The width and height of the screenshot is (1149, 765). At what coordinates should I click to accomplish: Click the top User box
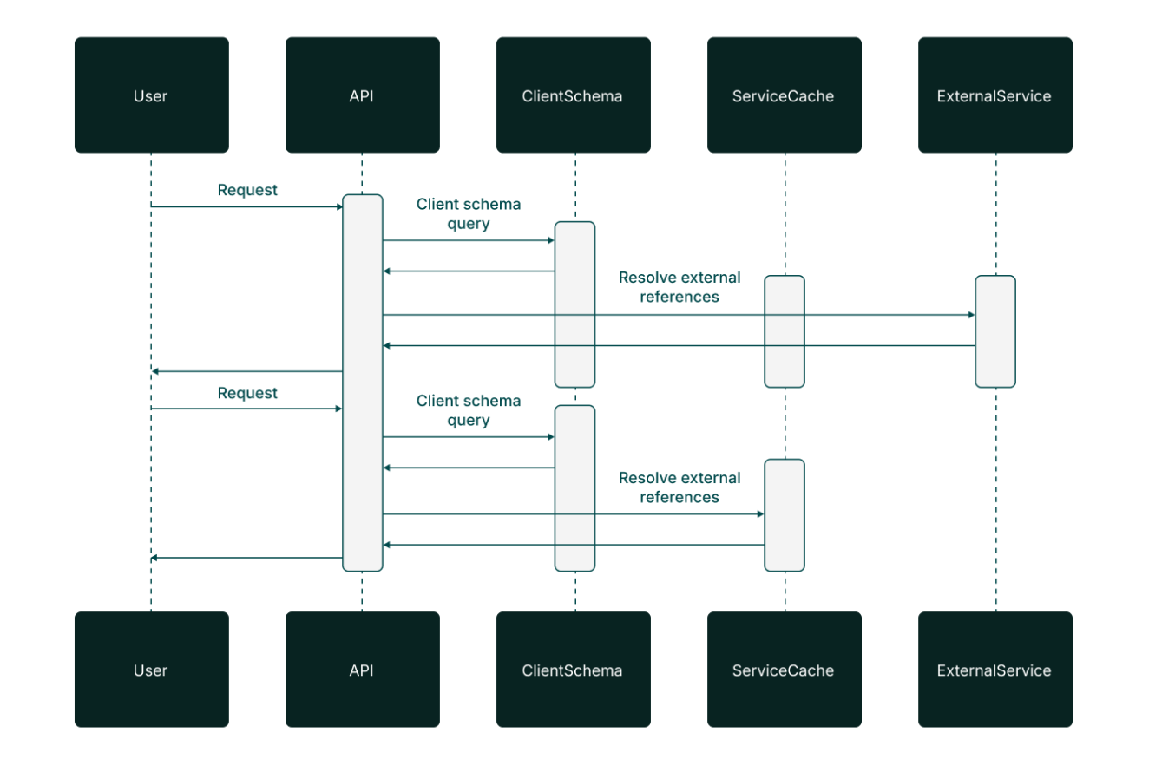pos(151,95)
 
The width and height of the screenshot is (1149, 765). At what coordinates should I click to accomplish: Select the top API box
pos(362,95)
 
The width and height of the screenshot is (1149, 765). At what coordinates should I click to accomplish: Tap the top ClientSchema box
pos(573,95)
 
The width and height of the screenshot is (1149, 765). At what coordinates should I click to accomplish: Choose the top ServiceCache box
pos(784,95)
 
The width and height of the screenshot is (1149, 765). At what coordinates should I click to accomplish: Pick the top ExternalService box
pos(995,95)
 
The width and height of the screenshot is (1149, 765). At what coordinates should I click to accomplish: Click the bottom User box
pos(151,670)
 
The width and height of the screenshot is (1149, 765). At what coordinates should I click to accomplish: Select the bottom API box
pos(362,670)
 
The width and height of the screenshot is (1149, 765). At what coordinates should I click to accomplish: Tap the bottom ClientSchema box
pos(573,670)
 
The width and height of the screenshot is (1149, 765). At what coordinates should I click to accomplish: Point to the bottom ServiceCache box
pos(784,670)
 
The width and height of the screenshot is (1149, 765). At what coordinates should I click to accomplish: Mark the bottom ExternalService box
pos(995,670)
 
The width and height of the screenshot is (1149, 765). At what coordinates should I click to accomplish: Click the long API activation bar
pos(362,382)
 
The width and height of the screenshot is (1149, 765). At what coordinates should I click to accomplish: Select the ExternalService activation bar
pos(995,331)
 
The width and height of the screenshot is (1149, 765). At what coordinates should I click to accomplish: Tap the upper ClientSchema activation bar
pos(574,304)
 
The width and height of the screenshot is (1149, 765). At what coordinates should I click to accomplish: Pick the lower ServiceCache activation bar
pos(785,515)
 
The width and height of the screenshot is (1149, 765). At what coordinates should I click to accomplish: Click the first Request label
pos(247,190)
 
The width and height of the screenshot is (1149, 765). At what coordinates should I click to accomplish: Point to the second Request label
pos(247,393)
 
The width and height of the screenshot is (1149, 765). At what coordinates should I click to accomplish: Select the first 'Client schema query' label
pos(469,214)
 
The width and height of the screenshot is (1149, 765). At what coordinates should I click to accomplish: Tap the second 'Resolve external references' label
pos(680,487)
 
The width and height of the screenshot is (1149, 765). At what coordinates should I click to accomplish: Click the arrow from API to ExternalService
pos(677,315)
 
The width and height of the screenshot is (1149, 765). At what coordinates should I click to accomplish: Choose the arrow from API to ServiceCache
pos(573,514)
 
